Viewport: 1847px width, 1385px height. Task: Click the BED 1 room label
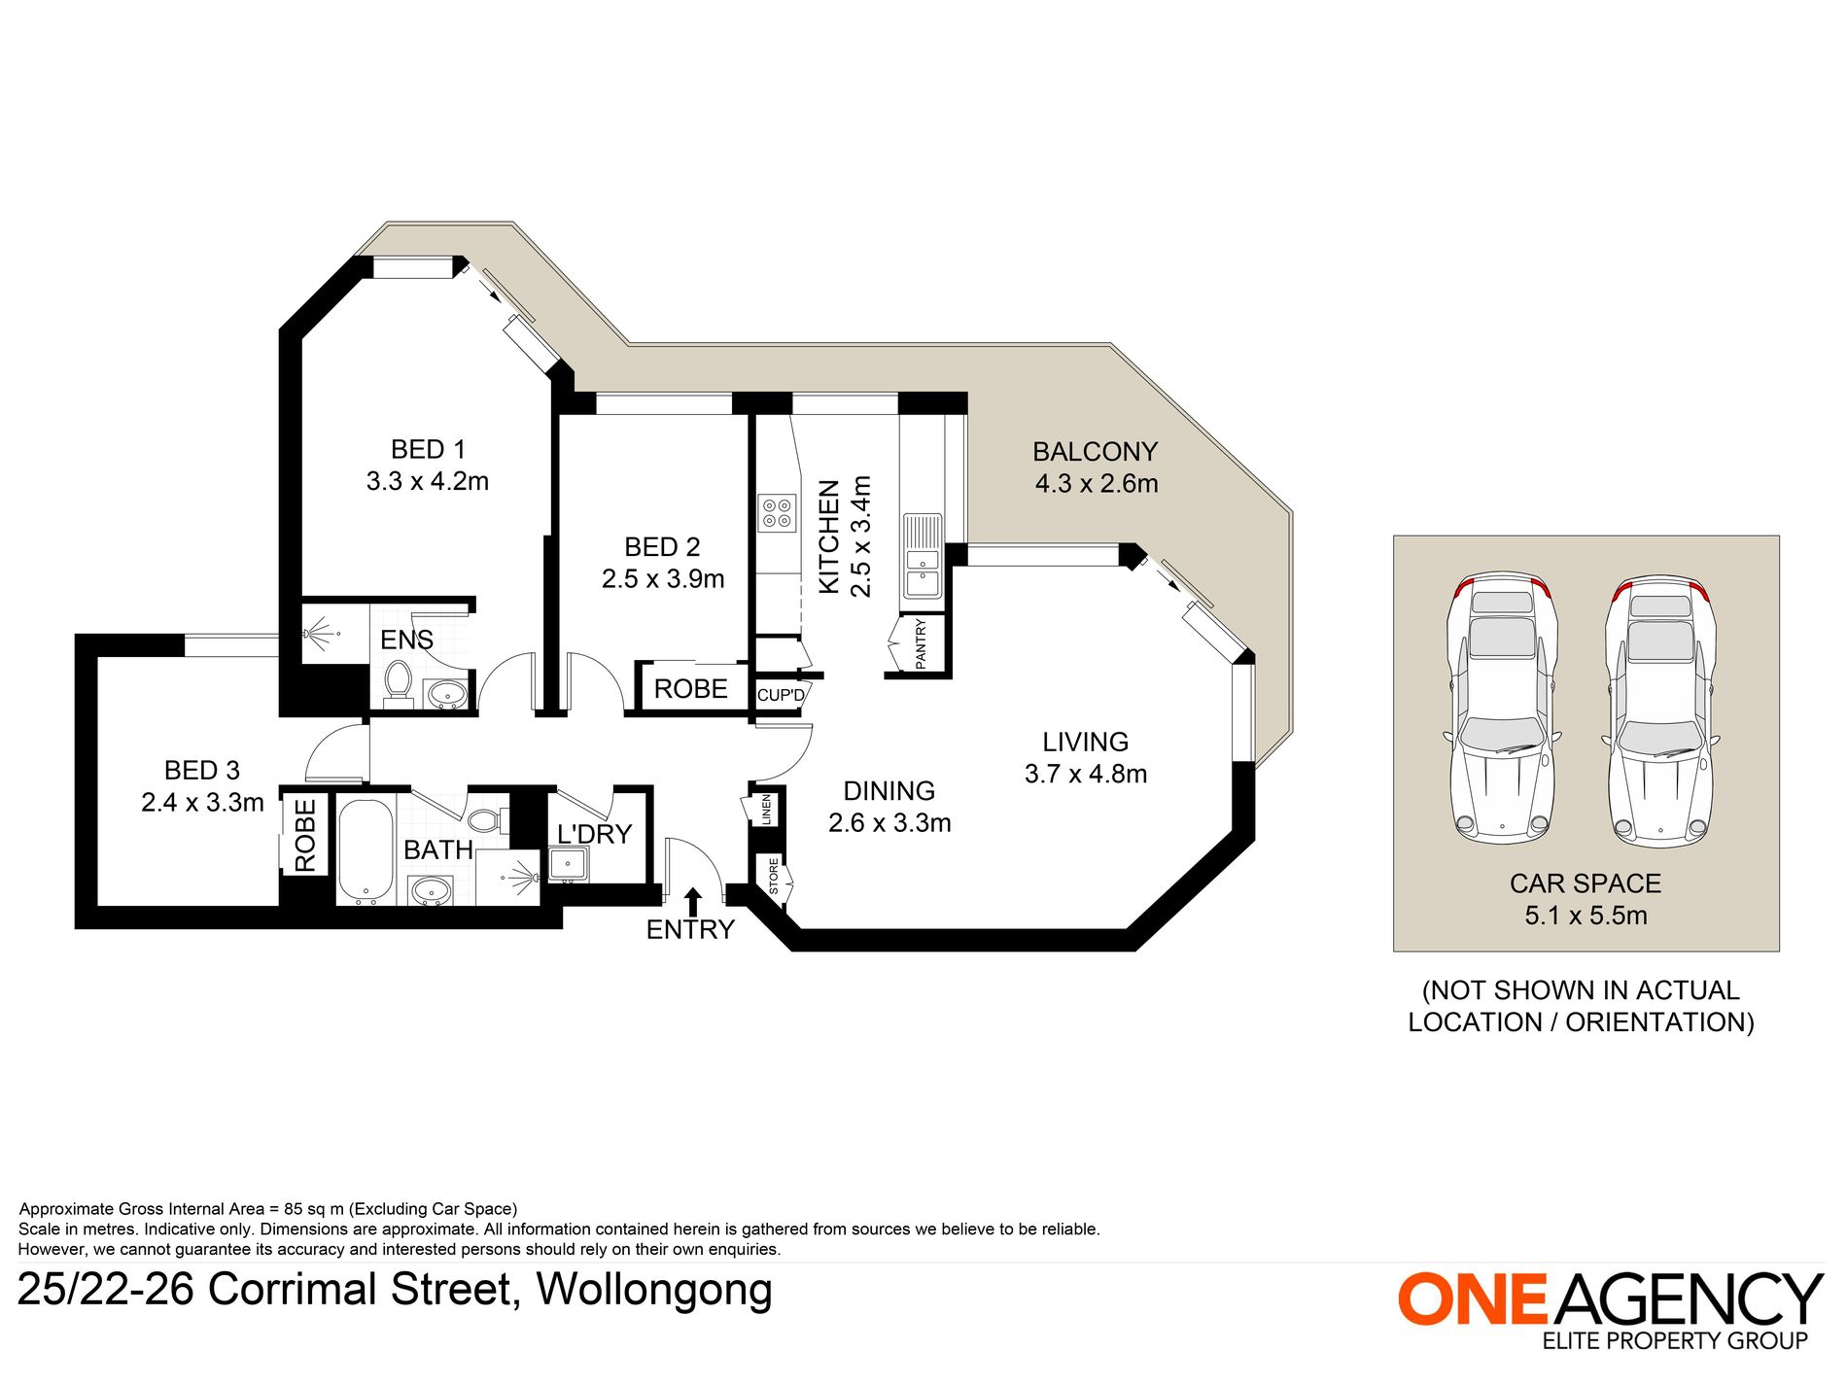tap(428, 449)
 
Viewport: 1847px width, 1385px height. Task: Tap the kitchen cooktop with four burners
tap(777, 513)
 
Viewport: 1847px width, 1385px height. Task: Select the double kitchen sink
tap(923, 556)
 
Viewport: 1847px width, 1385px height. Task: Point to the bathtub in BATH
tap(366, 851)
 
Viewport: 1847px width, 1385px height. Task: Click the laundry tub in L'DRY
tap(568, 864)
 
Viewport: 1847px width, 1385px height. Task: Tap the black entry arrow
tap(693, 900)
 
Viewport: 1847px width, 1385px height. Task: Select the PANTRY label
tap(921, 643)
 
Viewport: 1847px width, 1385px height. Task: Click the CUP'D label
tap(781, 695)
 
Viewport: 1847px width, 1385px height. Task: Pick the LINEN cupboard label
tap(766, 809)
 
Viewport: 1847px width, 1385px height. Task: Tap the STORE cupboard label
tap(774, 876)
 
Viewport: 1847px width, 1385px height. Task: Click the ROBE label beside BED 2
tap(690, 689)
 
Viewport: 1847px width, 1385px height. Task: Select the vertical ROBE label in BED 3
tap(305, 835)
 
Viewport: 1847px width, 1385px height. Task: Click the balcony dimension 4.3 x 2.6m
tap(1097, 483)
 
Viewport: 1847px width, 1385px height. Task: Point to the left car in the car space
tap(1502, 707)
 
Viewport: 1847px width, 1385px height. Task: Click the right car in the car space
tap(1661, 710)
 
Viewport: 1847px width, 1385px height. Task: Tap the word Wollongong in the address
tap(654, 1290)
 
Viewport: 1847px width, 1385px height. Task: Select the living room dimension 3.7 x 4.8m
tap(1086, 774)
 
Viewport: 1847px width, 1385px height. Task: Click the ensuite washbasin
tap(447, 693)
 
